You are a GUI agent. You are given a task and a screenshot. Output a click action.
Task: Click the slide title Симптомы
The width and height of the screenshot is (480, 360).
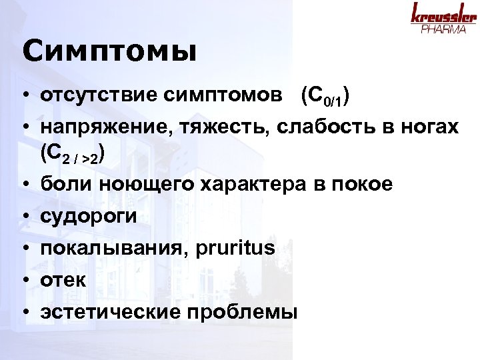[109, 52]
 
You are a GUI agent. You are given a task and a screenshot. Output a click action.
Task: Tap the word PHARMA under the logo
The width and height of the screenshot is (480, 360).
[444, 30]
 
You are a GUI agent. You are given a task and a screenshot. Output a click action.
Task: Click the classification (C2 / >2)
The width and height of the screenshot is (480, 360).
[72, 155]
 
